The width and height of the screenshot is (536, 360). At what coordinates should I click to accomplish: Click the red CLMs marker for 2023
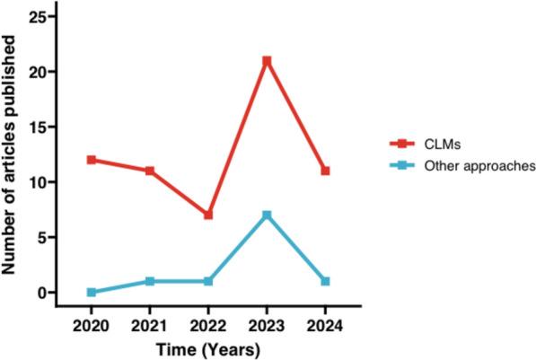tap(267, 61)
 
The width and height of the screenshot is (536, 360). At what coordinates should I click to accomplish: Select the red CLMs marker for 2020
tap(92, 160)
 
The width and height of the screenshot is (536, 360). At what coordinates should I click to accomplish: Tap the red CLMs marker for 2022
tap(208, 215)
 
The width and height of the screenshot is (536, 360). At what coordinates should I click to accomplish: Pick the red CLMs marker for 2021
tap(150, 171)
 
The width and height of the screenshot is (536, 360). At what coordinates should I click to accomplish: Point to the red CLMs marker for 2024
tap(325, 171)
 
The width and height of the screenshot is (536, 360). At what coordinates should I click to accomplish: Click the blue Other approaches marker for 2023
tap(267, 215)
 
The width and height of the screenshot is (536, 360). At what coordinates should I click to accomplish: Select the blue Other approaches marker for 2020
tap(92, 293)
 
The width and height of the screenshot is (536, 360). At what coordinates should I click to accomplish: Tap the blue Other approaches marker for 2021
tap(150, 281)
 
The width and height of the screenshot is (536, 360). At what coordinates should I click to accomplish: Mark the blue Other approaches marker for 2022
tap(208, 281)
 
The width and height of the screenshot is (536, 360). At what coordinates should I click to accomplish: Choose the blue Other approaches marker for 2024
tap(325, 281)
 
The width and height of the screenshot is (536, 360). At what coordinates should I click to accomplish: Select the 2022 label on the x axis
tap(208, 321)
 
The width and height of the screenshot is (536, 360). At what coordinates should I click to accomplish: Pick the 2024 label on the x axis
tap(325, 321)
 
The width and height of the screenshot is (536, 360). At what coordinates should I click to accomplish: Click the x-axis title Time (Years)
tap(208, 346)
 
